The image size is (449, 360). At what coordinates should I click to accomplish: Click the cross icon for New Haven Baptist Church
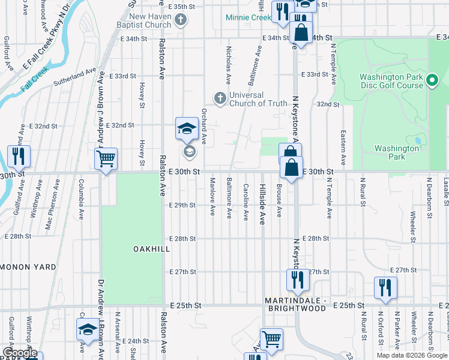pos(179,21)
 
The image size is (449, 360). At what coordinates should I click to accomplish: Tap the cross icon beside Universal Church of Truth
pos(220,98)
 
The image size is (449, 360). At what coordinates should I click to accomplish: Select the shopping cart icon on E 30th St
pos(106,160)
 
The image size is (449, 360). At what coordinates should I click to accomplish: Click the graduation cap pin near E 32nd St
pos(187,128)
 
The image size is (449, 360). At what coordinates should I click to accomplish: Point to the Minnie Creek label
pos(249,17)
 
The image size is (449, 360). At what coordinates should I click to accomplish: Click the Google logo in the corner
pos(19,353)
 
